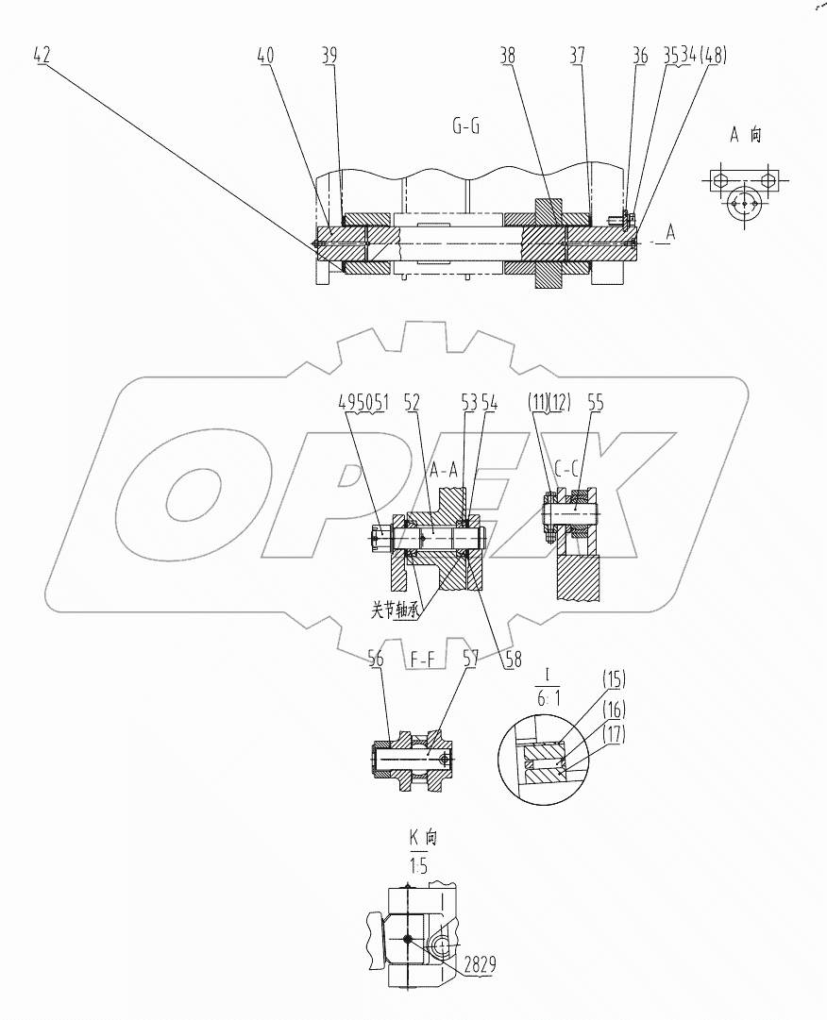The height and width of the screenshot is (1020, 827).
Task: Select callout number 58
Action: [x=514, y=661]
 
